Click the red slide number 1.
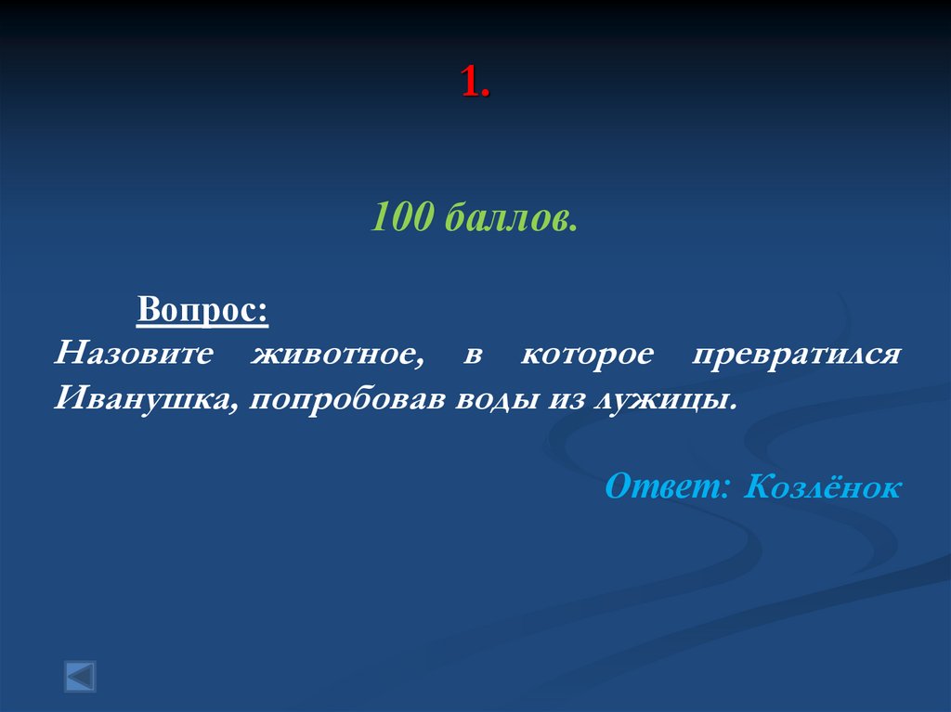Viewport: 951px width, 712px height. click(x=474, y=84)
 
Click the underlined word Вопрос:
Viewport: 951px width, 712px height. click(x=203, y=308)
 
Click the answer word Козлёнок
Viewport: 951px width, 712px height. click(x=822, y=485)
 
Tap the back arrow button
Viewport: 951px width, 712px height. click(x=80, y=675)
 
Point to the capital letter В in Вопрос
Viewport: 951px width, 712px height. click(x=148, y=308)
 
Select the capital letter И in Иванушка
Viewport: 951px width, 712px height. click(x=65, y=400)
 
